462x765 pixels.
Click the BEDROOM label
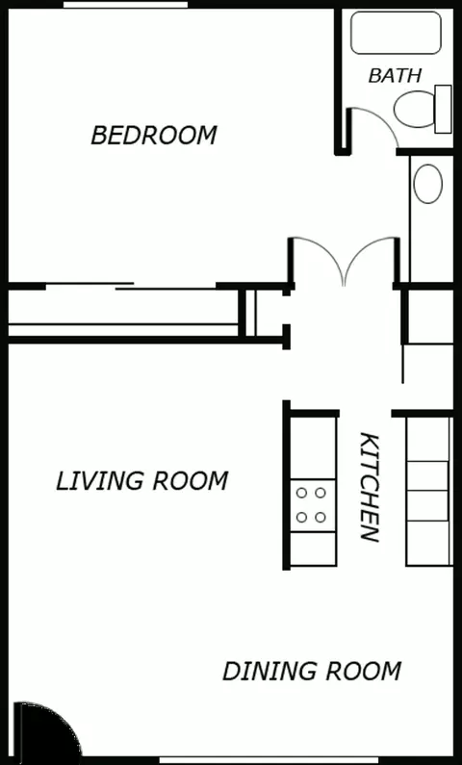[154, 135]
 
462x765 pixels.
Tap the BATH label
[395, 76]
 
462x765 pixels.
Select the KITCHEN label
[370, 487]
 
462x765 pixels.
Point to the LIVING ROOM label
[141, 481]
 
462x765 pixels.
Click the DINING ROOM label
[312, 672]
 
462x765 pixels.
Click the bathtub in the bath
[396, 32]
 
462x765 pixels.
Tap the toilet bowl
[414, 110]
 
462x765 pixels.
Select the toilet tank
[443, 109]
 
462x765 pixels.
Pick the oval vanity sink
[428, 184]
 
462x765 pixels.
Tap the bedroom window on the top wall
[125, 5]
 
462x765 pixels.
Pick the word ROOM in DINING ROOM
[364, 672]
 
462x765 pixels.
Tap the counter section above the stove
[313, 447]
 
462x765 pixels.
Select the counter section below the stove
[313, 548]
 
